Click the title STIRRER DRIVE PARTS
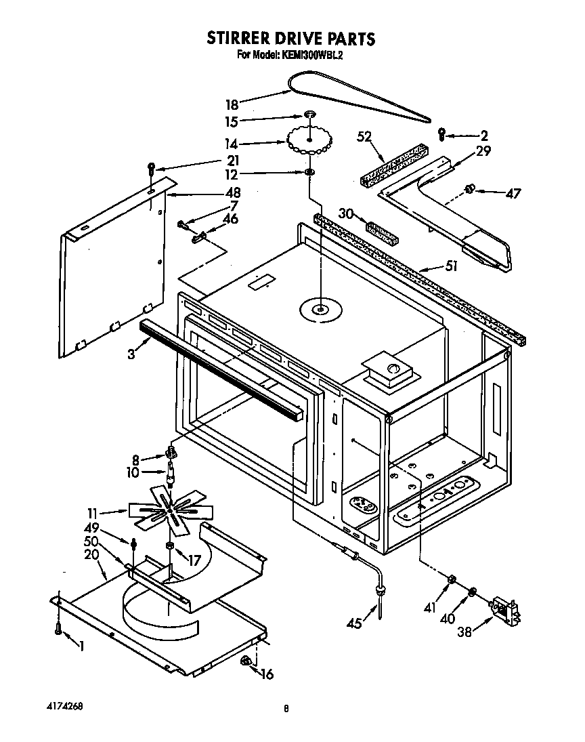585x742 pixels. click(290, 39)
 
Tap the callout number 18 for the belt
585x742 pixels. click(232, 105)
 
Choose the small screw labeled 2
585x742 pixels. click(441, 133)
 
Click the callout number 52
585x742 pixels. click(364, 137)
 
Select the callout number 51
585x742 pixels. click(450, 266)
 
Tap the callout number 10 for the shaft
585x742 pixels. click(132, 472)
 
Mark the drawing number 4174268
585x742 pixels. click(67, 706)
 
